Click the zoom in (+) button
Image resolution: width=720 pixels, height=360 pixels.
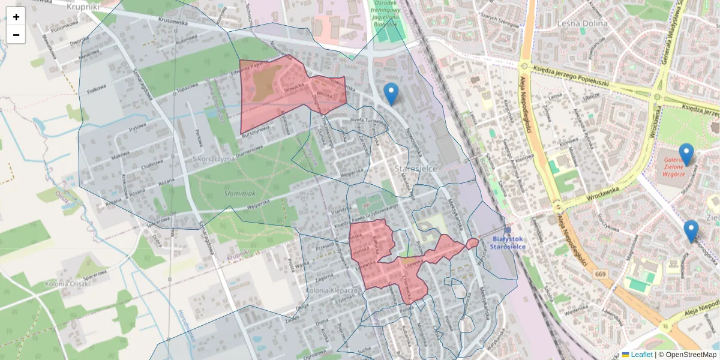(x=16, y=17)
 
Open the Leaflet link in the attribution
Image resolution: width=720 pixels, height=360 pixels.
(x=641, y=355)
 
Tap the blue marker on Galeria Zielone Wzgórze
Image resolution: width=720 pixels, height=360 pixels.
(x=686, y=154)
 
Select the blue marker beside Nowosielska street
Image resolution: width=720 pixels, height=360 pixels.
(x=391, y=94)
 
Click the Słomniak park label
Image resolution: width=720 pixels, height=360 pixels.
(x=239, y=194)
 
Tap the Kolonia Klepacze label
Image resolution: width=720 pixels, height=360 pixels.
(x=332, y=290)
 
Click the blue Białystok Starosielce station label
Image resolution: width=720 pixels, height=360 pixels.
(x=508, y=242)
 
